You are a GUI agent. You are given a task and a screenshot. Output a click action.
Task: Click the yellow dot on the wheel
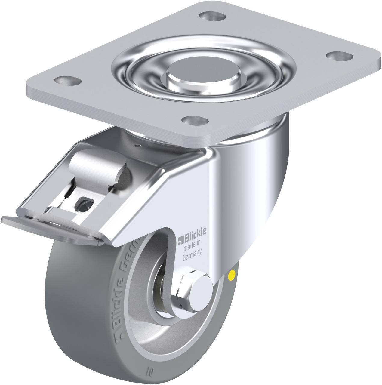232,274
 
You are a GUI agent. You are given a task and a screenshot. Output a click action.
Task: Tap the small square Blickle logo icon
180,240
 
